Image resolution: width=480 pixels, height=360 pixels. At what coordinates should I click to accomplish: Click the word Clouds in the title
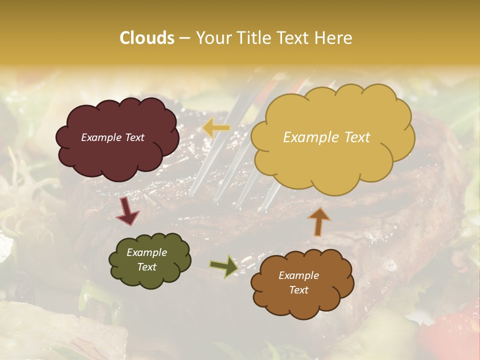147,38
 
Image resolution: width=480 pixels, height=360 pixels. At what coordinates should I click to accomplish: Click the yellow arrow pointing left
216,128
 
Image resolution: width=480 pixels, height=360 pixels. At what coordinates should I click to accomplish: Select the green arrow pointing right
223,266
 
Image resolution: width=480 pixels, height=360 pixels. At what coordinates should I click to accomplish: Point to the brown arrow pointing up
319,221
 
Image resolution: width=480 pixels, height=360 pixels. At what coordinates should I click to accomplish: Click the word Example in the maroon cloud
101,137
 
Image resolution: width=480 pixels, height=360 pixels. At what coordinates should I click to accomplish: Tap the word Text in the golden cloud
355,137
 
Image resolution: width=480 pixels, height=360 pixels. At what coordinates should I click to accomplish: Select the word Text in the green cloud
146,267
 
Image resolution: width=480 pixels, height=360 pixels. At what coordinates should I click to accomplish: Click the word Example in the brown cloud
298,275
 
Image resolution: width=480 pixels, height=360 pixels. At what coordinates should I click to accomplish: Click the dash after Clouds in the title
184,38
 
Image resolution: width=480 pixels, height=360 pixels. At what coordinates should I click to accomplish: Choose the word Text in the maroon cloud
134,137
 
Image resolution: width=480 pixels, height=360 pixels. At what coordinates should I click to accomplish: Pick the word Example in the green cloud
146,252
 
